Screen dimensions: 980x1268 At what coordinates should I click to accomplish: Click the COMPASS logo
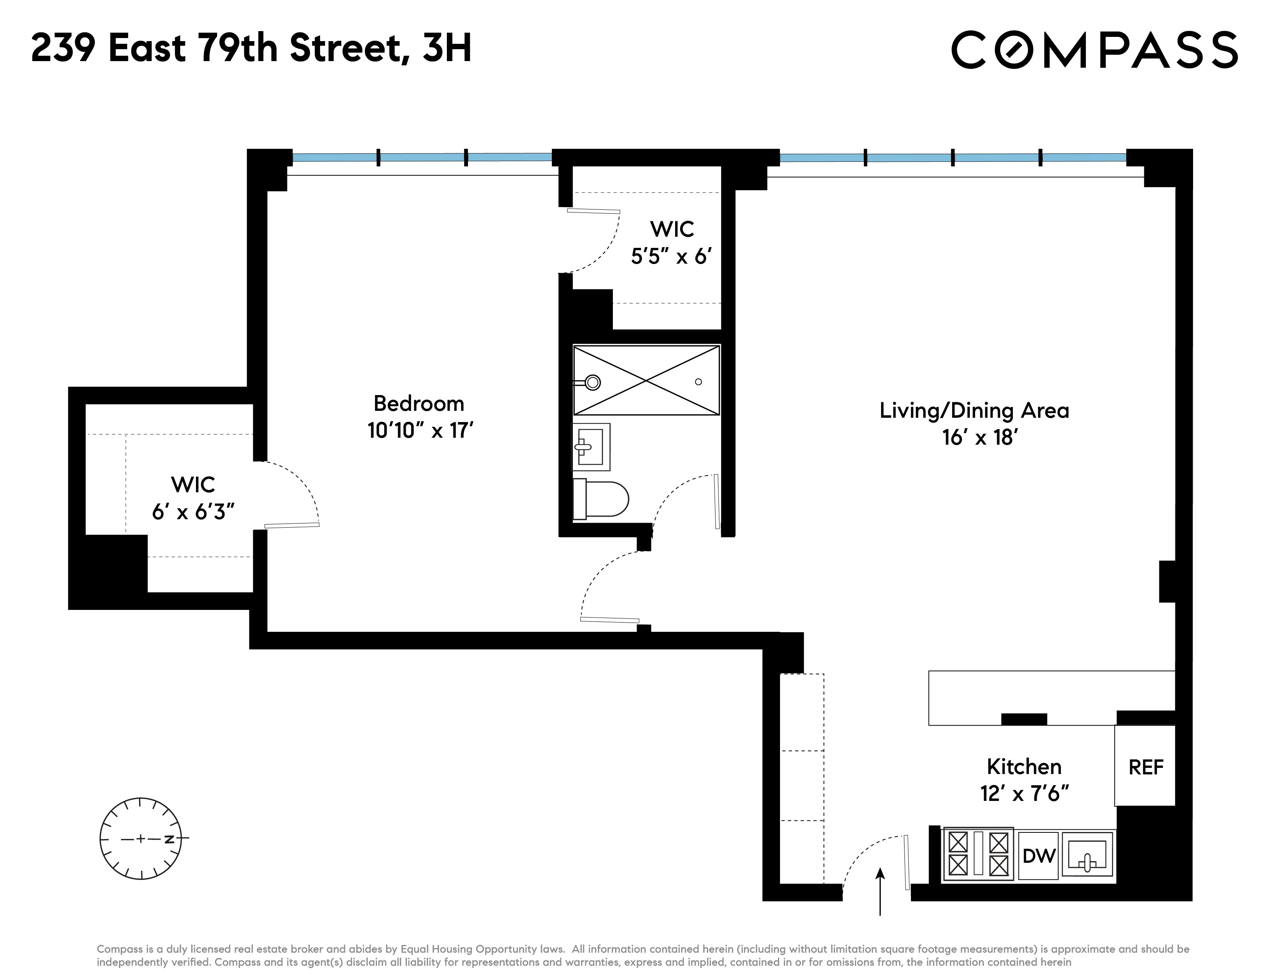click(x=1094, y=50)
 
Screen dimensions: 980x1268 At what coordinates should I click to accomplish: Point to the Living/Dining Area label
click(x=974, y=410)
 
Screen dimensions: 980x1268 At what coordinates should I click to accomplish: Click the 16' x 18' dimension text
click(x=980, y=437)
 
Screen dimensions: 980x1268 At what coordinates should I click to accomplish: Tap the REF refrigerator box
click(x=1145, y=767)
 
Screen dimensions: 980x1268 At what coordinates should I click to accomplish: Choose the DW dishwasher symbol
click(x=1038, y=856)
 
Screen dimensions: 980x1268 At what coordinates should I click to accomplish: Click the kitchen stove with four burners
click(x=978, y=854)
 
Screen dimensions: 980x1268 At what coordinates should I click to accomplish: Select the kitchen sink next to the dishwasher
click(x=1087, y=854)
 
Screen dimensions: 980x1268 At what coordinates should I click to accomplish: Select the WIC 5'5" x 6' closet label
click(x=672, y=243)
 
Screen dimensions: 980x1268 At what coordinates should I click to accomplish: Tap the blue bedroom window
click(x=422, y=157)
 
